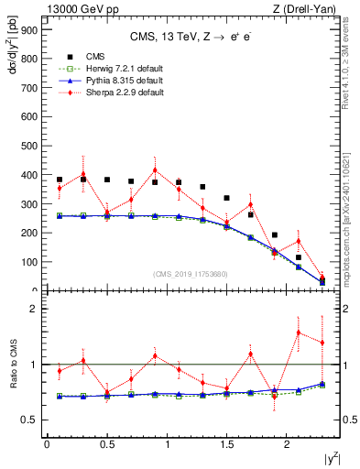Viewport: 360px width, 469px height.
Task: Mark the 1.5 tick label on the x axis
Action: pos(226,444)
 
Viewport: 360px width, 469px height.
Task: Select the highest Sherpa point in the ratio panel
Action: pos(298,332)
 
